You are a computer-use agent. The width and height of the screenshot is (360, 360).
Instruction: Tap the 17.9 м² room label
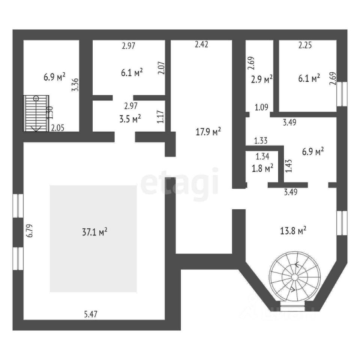click(x=208, y=132)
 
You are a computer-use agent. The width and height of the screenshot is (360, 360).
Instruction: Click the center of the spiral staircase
click(x=295, y=277)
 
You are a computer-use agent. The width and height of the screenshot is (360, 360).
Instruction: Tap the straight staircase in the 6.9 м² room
click(x=36, y=113)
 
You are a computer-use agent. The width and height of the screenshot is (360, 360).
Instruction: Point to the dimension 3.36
click(x=75, y=85)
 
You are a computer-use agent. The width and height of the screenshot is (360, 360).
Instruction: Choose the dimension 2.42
click(x=201, y=44)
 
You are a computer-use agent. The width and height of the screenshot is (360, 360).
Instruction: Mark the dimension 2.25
click(x=305, y=46)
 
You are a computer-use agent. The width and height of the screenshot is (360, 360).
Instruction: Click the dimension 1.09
click(x=261, y=108)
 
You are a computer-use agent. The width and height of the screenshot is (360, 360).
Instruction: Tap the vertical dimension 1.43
click(x=288, y=166)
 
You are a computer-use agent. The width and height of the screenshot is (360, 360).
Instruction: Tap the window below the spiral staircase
click(x=292, y=308)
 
